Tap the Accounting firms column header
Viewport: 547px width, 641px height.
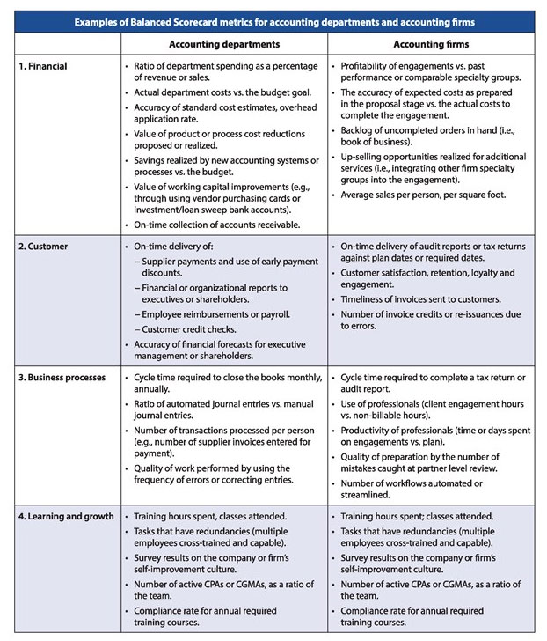431,43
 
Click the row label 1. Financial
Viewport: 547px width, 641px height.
44,66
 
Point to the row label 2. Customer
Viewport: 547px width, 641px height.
44,247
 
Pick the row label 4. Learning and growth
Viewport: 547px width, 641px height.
65,515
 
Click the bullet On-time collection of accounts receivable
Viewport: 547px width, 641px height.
219,225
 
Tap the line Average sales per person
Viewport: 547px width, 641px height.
423,194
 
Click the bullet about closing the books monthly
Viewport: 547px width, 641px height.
220,383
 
